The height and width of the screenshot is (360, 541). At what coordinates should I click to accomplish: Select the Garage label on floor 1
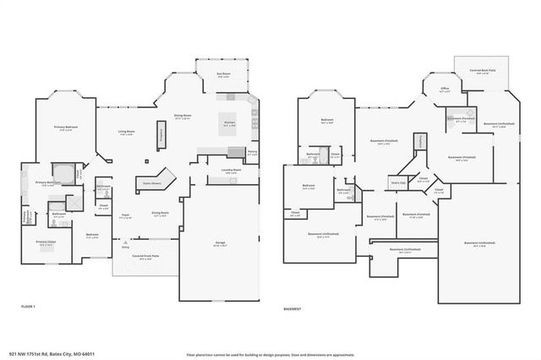[x=219, y=243]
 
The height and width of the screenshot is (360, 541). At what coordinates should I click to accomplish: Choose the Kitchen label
[x=228, y=123]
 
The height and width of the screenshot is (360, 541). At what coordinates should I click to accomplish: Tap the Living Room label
[x=127, y=132]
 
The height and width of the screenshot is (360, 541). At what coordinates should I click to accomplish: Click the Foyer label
[x=123, y=216]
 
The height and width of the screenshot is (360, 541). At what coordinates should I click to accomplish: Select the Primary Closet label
[x=46, y=243]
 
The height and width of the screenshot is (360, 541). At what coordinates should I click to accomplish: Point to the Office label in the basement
[x=445, y=88]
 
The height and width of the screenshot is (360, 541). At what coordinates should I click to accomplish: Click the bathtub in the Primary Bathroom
[x=63, y=172]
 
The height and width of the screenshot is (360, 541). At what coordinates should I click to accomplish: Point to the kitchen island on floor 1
[x=229, y=120]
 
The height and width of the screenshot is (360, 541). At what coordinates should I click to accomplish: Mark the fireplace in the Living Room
[x=160, y=134]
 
